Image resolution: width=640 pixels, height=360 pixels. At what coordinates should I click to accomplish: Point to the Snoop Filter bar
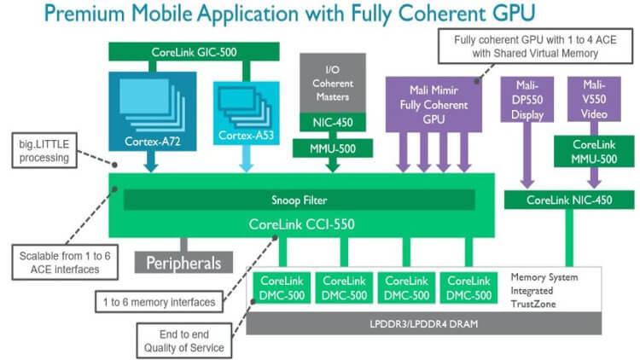(x=299, y=200)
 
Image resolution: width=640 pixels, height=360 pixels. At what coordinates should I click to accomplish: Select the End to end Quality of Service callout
(x=183, y=340)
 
